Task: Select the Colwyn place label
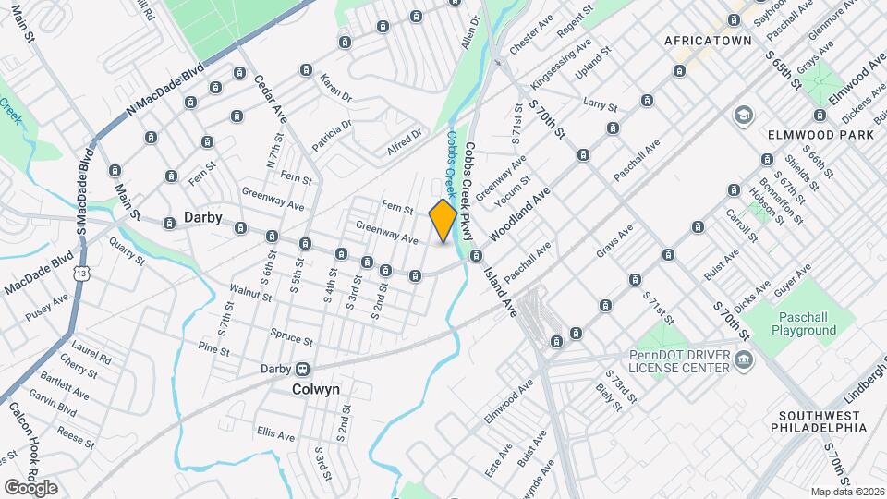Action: [316, 389]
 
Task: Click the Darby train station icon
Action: [302, 368]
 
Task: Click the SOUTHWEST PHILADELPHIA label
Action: [821, 421]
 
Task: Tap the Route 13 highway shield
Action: [84, 274]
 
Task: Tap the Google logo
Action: [30, 487]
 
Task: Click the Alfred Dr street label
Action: [405, 140]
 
